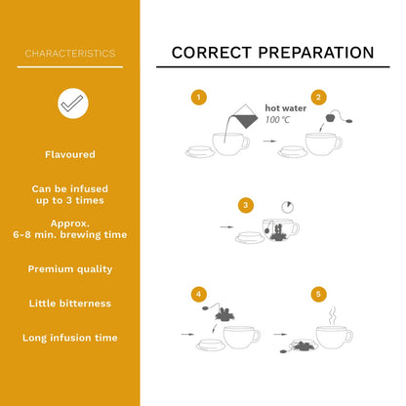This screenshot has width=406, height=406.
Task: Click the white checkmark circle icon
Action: coord(73,103)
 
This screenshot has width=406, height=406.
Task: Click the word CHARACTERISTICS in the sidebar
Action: coord(70,54)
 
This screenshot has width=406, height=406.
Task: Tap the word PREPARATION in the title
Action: coord(316,53)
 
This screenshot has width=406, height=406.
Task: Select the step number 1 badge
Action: coord(199,98)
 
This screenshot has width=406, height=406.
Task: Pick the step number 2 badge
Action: coord(318,98)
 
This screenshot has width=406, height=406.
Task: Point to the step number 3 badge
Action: coord(246,205)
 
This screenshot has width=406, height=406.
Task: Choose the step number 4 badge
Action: coord(199,294)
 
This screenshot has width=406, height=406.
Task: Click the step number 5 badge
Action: coord(318,294)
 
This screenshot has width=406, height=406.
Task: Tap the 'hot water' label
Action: coord(286,108)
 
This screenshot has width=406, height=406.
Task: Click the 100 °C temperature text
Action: coord(277,120)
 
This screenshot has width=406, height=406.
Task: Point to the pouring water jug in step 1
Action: coord(245,116)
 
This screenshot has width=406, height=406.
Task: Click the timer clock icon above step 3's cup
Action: coord(288,207)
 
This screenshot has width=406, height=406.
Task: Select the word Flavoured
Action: coord(70,154)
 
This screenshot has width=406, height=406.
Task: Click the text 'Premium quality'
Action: coord(70,269)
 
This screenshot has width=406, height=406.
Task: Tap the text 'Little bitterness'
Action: coord(70,304)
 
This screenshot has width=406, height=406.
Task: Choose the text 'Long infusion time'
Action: coord(70,338)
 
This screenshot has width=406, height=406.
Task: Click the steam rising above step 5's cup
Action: coord(332,315)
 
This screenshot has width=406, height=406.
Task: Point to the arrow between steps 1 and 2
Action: coord(269,142)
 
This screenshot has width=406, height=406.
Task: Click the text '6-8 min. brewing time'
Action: coord(70,235)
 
